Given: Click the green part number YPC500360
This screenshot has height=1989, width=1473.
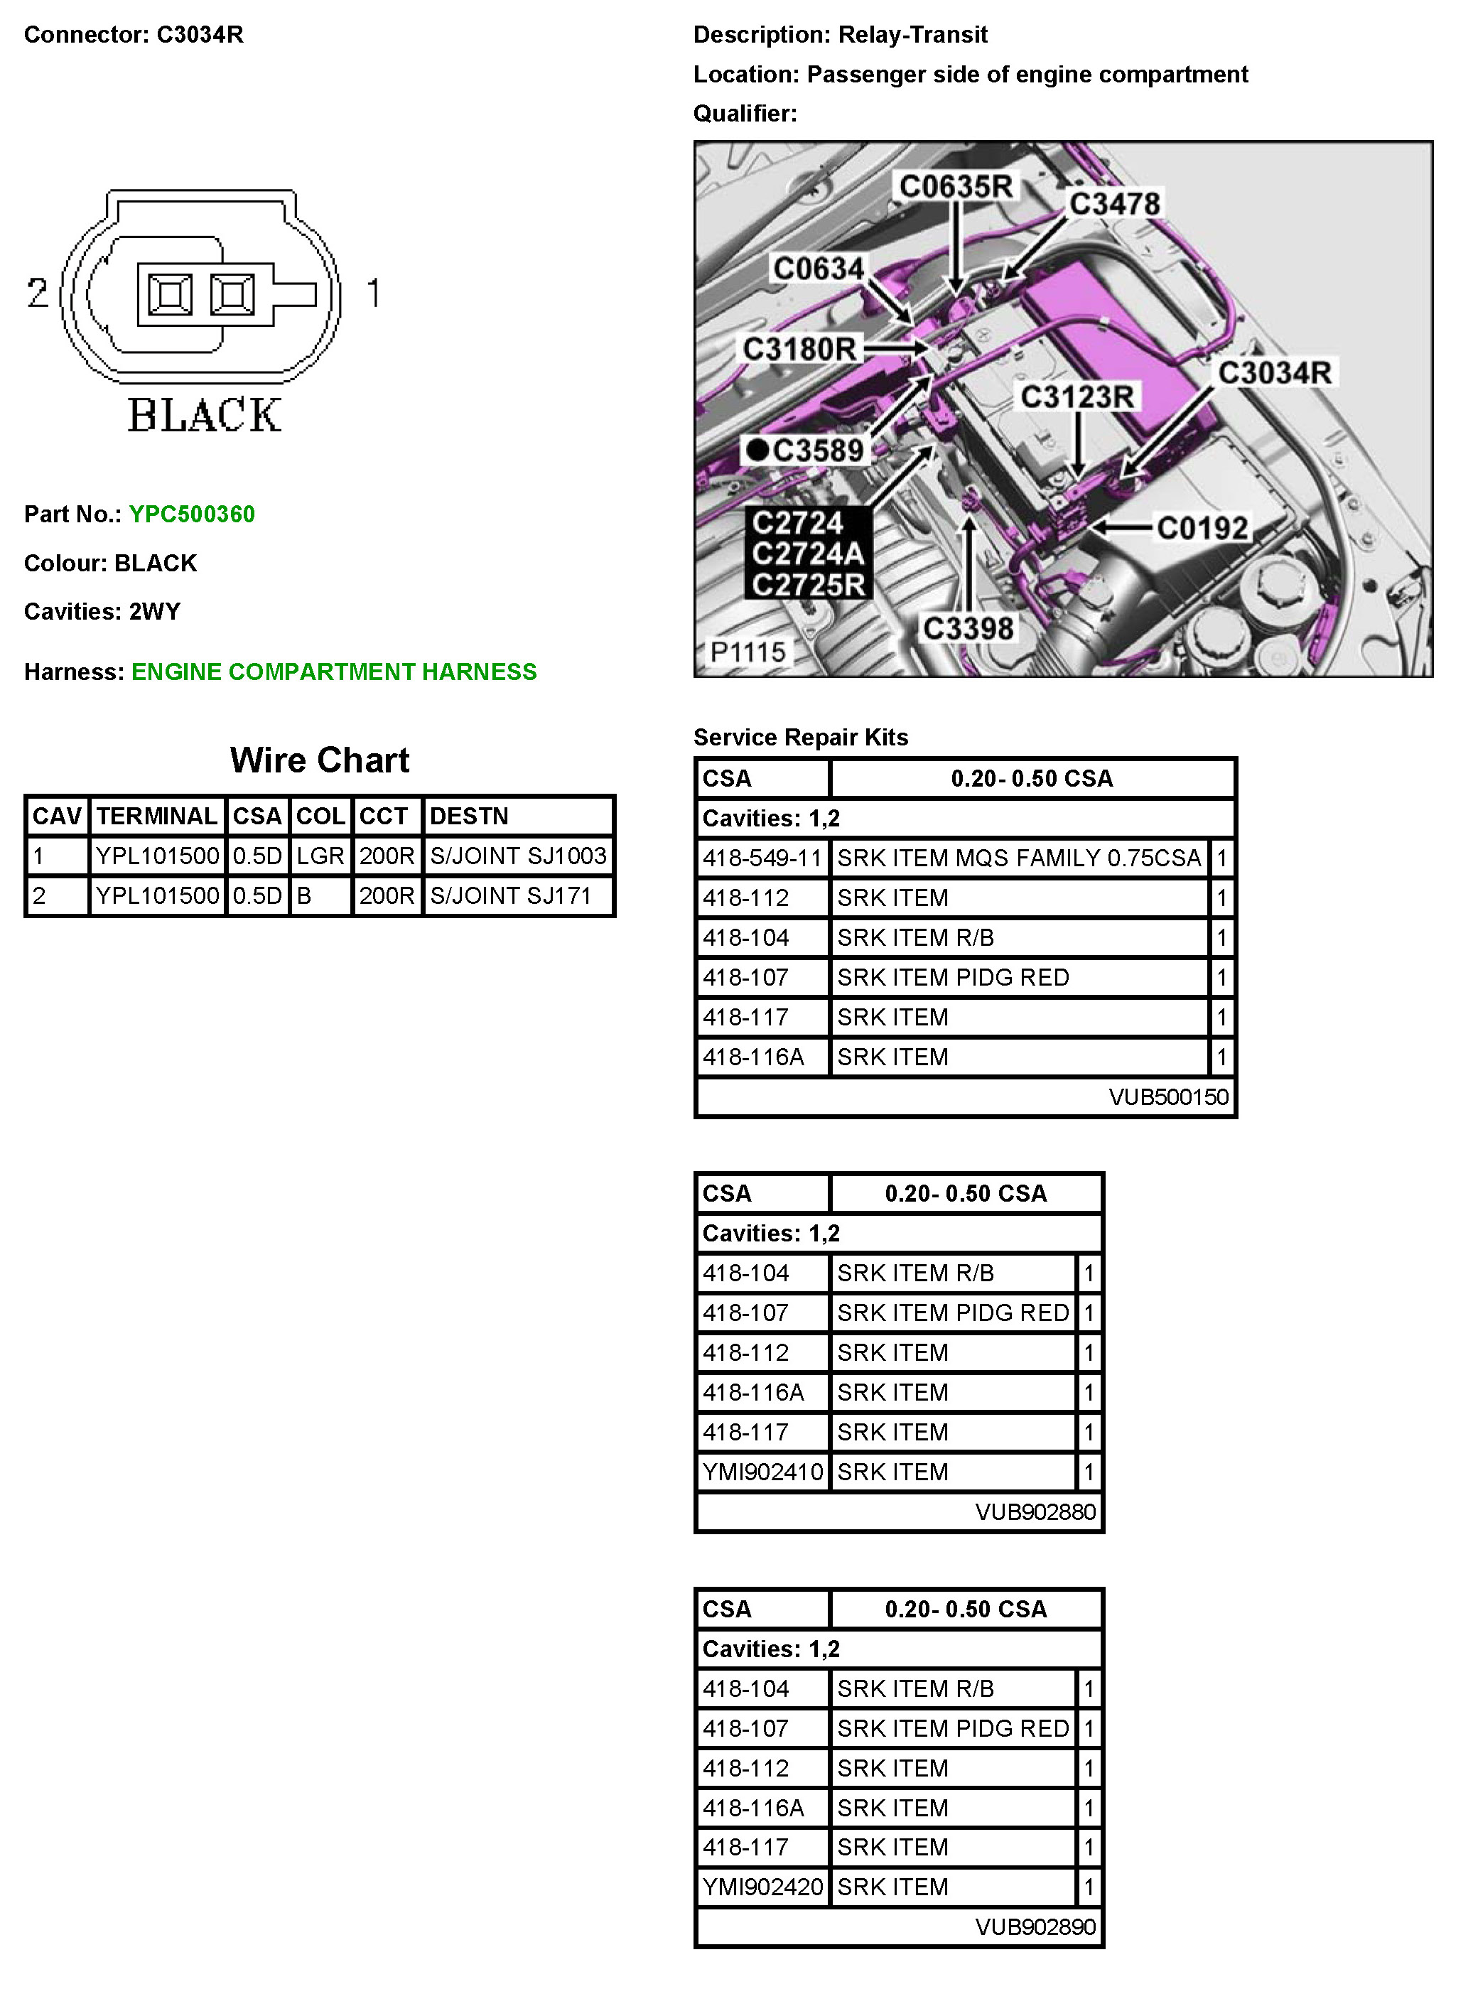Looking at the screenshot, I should click(x=192, y=514).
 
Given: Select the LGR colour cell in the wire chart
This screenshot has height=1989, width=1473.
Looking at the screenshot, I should click(x=320, y=856).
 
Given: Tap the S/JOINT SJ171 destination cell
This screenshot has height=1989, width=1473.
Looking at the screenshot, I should click(x=510, y=895).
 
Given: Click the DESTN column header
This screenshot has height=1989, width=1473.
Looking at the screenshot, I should click(x=469, y=816).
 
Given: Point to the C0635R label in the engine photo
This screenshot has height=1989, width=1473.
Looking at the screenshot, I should click(x=956, y=186).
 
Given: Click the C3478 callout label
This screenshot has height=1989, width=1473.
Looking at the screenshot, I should click(x=1115, y=203).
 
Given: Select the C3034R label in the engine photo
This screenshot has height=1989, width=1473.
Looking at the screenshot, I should click(x=1274, y=372).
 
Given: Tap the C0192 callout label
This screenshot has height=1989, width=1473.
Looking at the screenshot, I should click(x=1202, y=528).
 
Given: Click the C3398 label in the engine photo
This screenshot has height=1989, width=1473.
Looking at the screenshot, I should click(x=968, y=628).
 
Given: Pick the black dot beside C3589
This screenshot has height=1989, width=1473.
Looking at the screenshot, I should click(x=757, y=451).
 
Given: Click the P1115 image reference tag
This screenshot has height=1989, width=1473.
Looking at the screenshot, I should click(x=748, y=652).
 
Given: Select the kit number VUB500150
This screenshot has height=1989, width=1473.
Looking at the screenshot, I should click(x=1168, y=1096).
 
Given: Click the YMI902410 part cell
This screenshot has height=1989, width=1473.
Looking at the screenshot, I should click(x=762, y=1472).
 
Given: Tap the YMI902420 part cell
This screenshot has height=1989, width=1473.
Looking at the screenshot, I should click(x=762, y=1887).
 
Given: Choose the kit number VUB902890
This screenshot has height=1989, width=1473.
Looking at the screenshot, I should click(x=1035, y=1926).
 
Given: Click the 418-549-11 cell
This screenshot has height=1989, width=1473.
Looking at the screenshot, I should click(x=762, y=858).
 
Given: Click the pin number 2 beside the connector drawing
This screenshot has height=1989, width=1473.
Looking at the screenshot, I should click(x=38, y=293).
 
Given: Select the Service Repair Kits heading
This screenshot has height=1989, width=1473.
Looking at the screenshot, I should click(x=801, y=738).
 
